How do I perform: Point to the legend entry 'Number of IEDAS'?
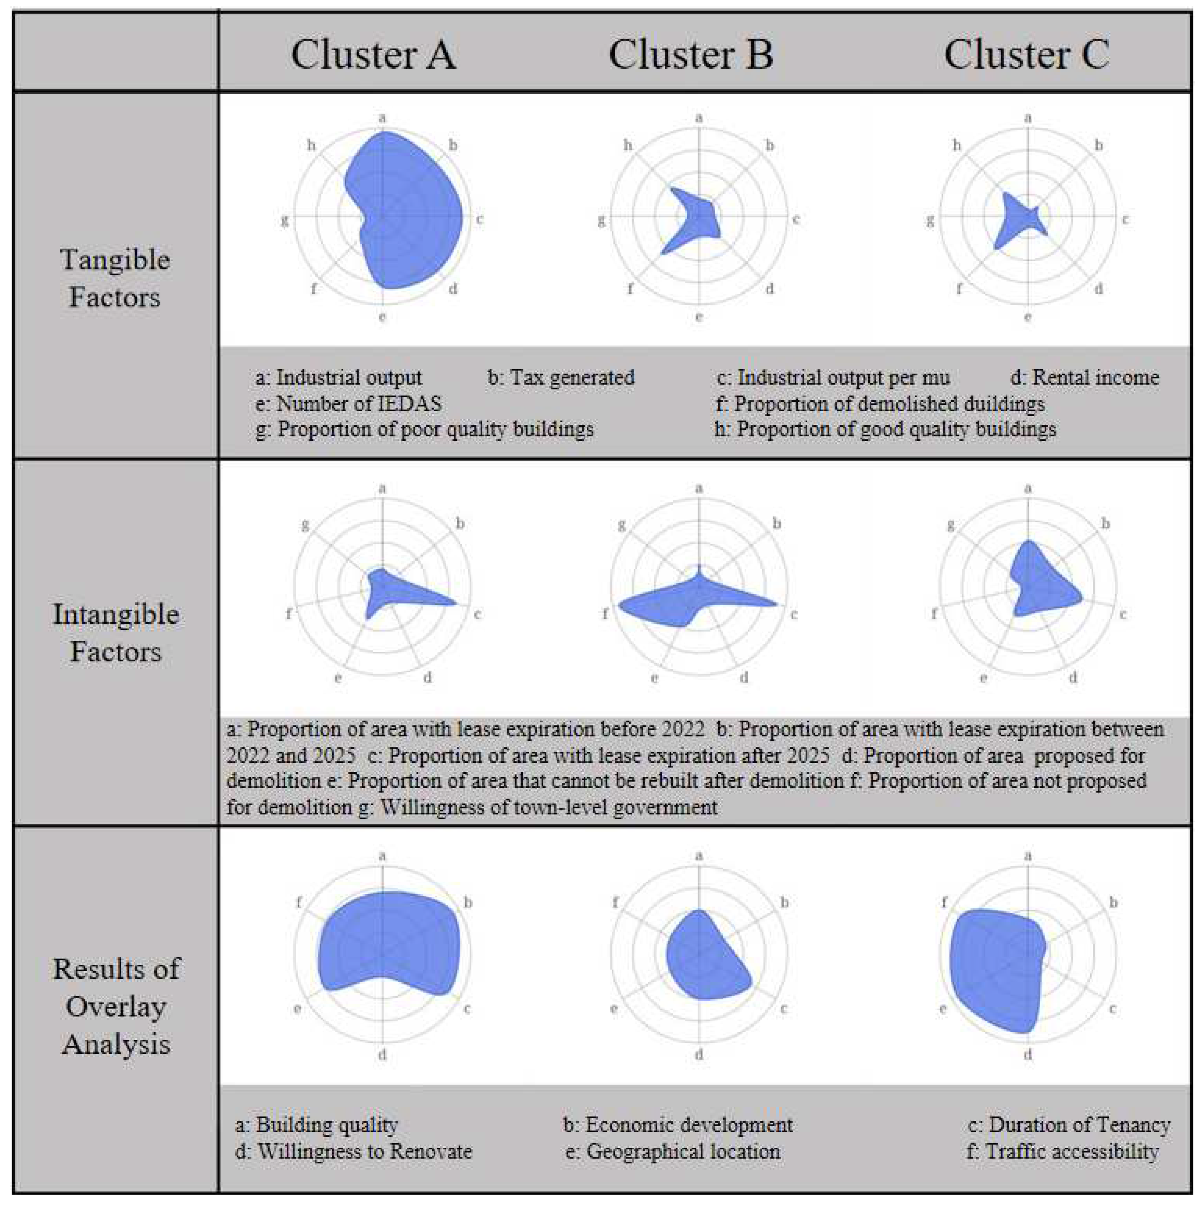348,404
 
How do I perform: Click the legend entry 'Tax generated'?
561,378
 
